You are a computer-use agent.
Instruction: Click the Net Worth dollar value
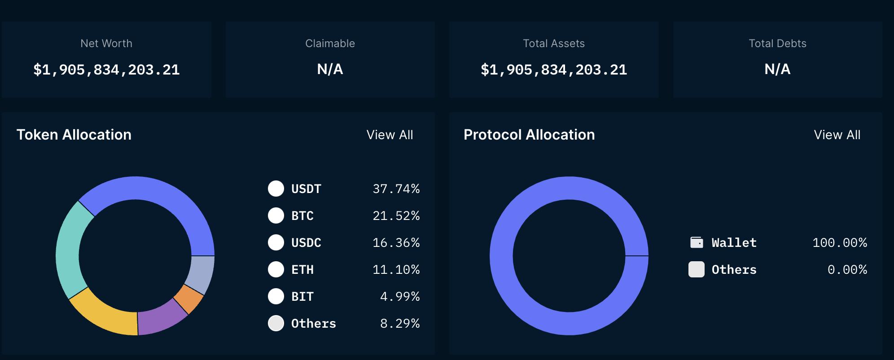click(106, 70)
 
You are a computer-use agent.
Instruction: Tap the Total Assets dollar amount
click(553, 70)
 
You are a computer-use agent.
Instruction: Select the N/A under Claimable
click(330, 69)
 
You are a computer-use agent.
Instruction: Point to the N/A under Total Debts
click(777, 69)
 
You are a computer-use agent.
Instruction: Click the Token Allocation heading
click(74, 135)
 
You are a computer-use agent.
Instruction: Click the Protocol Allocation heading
click(529, 135)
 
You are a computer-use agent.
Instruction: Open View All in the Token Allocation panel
click(390, 135)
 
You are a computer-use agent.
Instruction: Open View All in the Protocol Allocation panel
click(837, 135)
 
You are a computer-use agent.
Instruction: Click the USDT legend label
click(306, 189)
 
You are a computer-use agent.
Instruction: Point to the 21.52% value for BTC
click(396, 216)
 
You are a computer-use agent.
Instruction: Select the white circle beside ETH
click(276, 269)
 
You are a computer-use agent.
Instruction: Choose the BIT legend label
click(302, 297)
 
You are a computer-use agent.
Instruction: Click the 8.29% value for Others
click(399, 324)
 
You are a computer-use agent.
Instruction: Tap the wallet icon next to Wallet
click(697, 242)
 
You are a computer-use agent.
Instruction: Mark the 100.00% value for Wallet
click(839, 243)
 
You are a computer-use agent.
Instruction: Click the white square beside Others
click(697, 269)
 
